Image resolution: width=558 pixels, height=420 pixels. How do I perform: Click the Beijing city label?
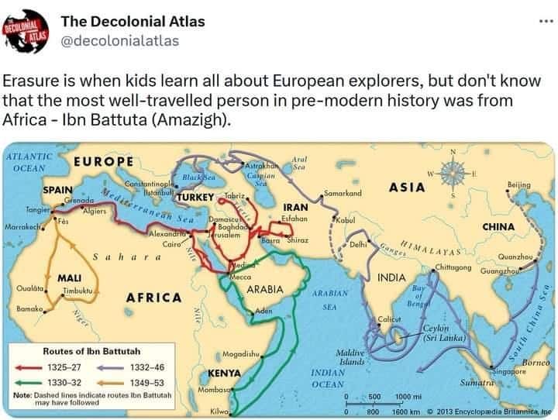tap(518, 184)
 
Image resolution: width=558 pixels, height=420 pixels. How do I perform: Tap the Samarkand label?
tap(343, 192)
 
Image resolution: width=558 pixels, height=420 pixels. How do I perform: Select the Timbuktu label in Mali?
tap(77, 289)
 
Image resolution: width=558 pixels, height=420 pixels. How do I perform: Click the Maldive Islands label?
tap(352, 357)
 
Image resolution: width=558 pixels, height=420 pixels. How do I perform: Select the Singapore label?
tap(509, 371)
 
